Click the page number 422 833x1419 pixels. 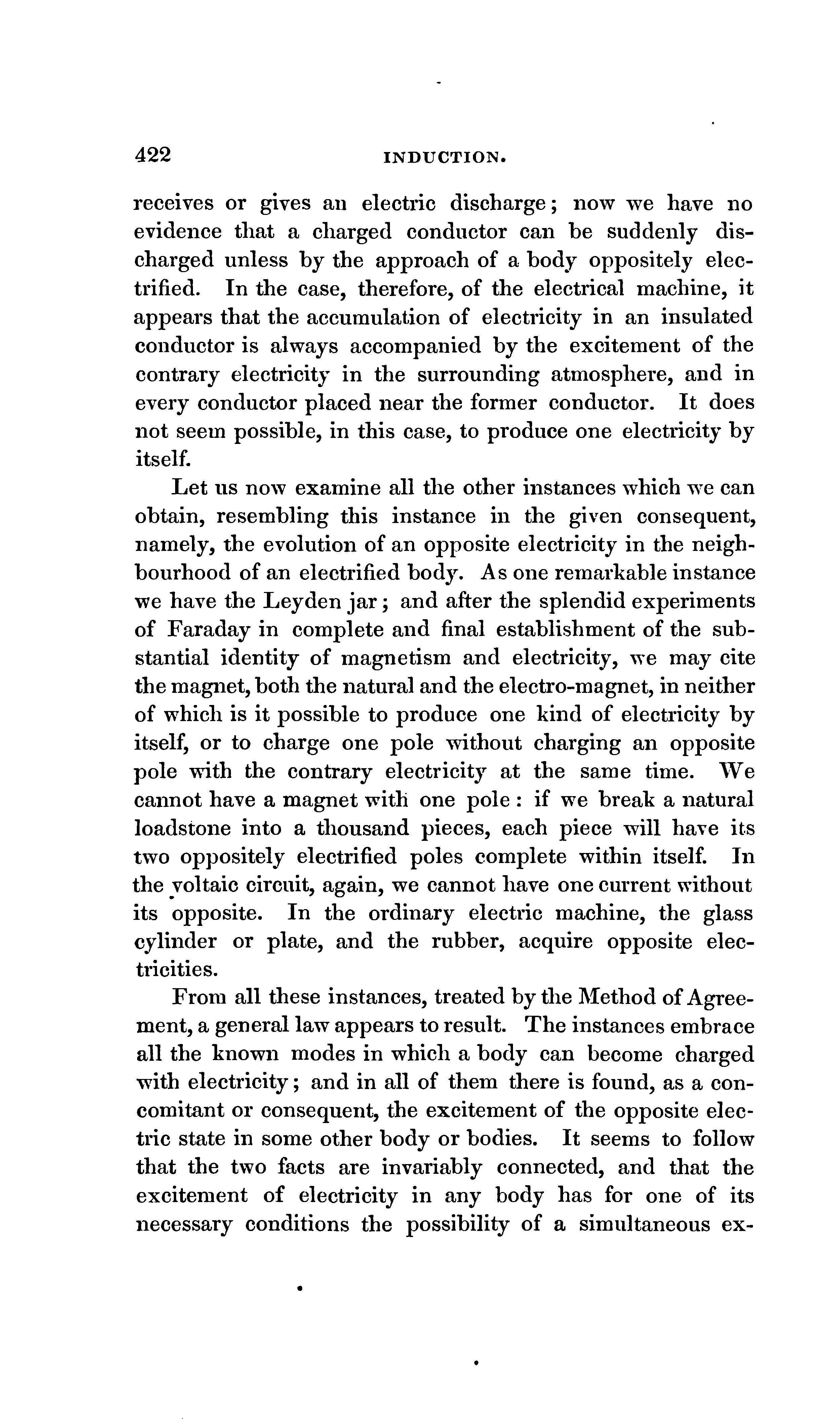click(153, 155)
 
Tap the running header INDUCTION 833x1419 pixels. click(445, 158)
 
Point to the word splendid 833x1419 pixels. click(580, 602)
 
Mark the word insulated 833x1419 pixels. click(706, 318)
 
